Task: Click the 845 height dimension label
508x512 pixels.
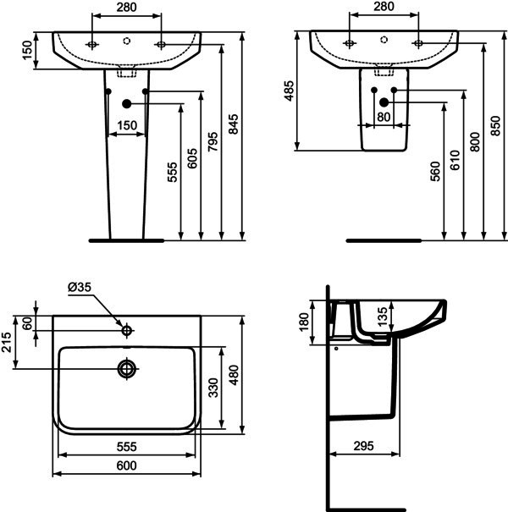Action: pos(233,124)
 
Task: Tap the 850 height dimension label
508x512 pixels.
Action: pos(495,126)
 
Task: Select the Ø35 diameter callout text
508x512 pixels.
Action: pos(80,287)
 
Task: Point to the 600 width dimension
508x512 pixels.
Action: pos(126,465)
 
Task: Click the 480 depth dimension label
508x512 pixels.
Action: pos(234,375)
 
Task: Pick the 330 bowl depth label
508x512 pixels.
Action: pos(213,388)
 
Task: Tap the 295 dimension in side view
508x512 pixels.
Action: pos(363,446)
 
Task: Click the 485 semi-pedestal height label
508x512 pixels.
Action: pos(289,91)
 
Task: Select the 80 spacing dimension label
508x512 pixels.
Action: pos(384,117)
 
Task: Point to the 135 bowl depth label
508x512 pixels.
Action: pos(382,316)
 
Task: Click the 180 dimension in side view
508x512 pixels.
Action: pos(304,322)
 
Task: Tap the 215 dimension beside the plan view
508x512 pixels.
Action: pos(7,342)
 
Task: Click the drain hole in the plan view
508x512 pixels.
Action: pos(127,369)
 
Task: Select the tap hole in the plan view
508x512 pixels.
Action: pos(127,331)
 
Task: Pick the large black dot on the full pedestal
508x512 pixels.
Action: pos(127,104)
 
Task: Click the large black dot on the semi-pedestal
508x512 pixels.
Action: pos(384,102)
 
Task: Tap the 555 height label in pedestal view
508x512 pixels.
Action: pos(172,172)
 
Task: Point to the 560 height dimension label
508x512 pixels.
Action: pos(435,171)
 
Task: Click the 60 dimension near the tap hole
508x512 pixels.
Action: pos(28,323)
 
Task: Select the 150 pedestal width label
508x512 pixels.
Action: pos(127,125)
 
